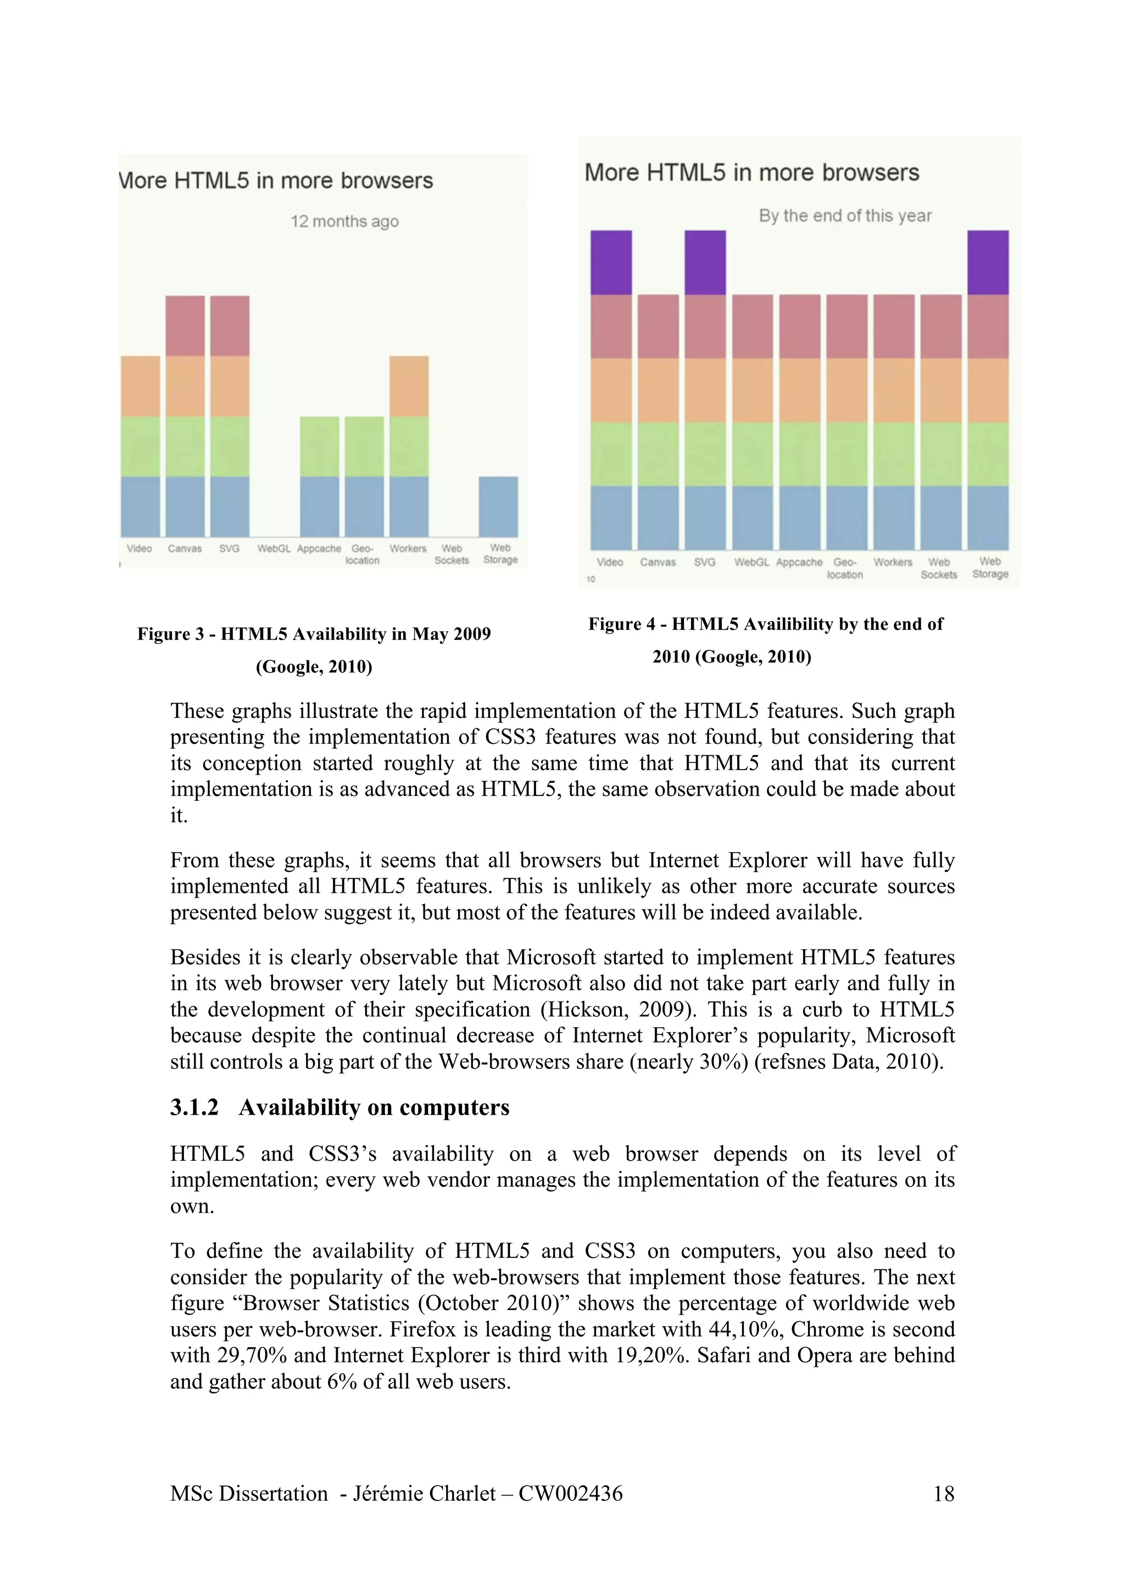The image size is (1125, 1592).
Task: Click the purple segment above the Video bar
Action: click(611, 262)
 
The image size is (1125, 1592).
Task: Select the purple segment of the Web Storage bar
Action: click(988, 262)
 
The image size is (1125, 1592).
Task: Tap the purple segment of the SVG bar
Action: click(705, 262)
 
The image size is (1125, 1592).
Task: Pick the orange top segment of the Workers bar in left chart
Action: click(408, 386)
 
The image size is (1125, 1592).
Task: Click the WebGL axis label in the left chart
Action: click(273, 548)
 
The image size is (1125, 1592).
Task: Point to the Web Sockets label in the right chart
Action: click(939, 568)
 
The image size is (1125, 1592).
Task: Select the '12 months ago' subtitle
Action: click(344, 221)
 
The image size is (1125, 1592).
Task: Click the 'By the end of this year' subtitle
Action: click(844, 216)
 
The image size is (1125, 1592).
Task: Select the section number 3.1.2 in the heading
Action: click(194, 1107)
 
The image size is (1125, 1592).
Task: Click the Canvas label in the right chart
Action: click(657, 563)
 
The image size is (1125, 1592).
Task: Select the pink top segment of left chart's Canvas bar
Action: click(185, 326)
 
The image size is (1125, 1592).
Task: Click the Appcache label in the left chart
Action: click(319, 548)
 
